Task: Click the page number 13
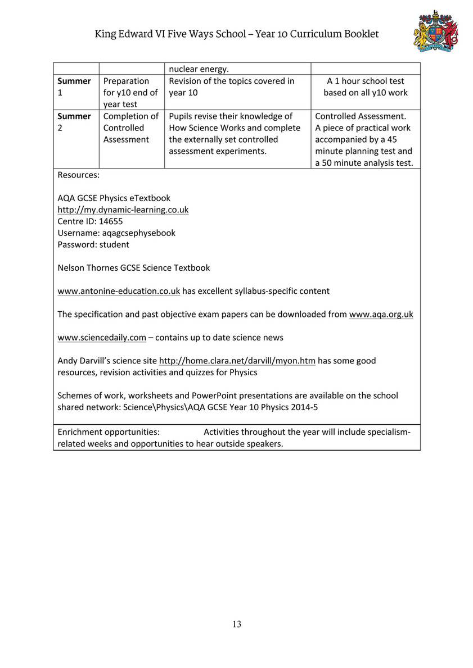(237, 624)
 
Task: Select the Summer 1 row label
(74, 87)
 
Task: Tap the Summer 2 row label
(74, 122)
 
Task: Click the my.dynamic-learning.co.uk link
(123, 210)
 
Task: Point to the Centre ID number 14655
(111, 221)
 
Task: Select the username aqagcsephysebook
(138, 233)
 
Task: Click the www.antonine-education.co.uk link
(119, 291)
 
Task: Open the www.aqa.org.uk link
(381, 315)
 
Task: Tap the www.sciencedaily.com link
(102, 338)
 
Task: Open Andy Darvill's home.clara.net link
(237, 361)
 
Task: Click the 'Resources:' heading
(78, 175)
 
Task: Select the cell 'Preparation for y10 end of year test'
(130, 93)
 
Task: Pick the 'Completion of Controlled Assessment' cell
(131, 128)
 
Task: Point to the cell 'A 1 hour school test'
(366, 81)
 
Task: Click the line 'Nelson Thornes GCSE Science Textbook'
(134, 268)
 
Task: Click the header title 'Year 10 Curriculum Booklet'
(317, 34)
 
